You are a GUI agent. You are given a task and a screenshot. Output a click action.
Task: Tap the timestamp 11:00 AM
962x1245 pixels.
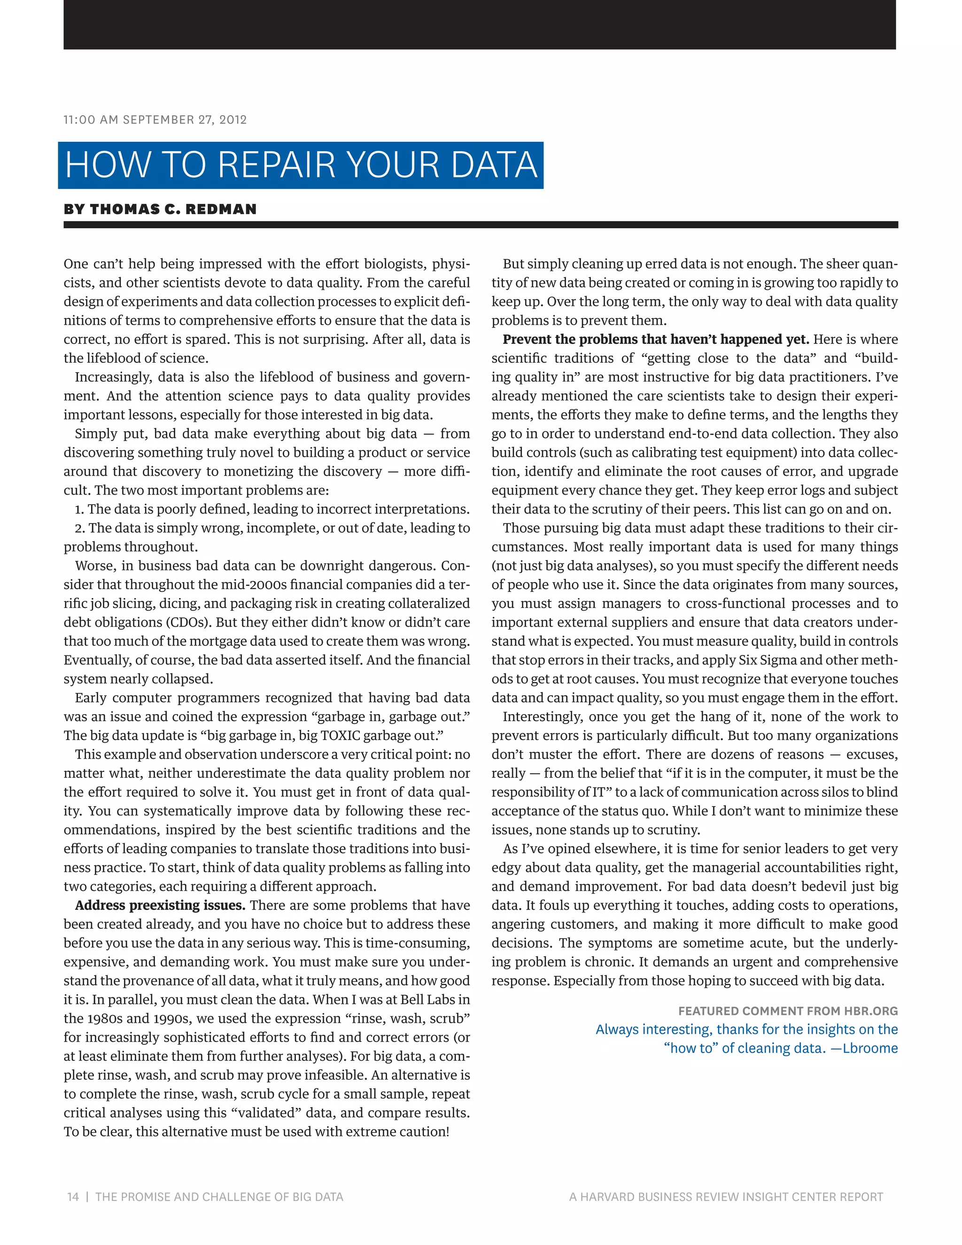(91, 120)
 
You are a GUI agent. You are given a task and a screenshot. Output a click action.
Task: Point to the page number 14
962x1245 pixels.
(73, 1197)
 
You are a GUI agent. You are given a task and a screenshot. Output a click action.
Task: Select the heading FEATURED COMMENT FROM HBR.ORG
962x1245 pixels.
(788, 1011)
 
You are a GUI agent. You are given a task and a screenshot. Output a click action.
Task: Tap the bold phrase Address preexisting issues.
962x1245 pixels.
(160, 905)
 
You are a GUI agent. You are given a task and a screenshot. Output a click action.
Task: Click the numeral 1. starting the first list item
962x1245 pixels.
(79, 509)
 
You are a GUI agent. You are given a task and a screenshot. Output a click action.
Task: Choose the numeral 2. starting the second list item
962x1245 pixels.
(80, 528)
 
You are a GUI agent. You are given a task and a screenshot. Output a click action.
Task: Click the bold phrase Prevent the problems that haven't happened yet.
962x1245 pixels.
(655, 339)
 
